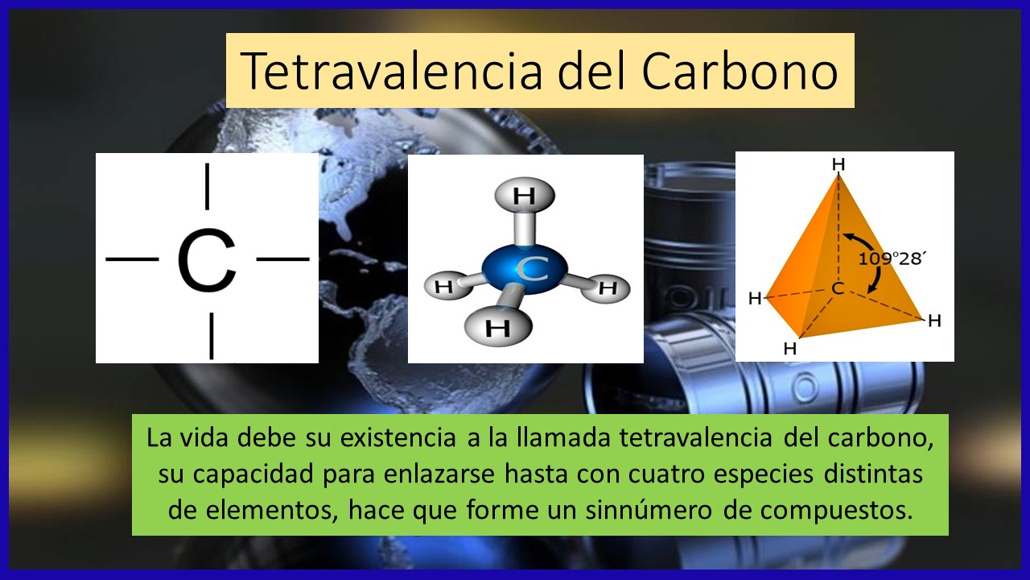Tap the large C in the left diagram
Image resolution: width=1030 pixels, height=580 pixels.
(x=207, y=261)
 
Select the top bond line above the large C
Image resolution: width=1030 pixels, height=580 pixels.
(x=208, y=185)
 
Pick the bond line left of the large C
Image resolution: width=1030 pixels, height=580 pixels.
(x=132, y=259)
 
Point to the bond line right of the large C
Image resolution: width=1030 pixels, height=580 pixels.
(x=282, y=259)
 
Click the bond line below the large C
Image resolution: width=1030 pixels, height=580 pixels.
(x=211, y=335)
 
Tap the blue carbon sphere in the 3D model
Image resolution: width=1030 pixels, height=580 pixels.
(x=525, y=270)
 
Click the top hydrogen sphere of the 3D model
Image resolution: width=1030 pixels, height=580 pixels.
(x=525, y=196)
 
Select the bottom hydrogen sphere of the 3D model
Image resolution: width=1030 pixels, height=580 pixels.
(x=498, y=327)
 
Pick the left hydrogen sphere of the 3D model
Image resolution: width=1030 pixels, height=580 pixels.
(x=444, y=286)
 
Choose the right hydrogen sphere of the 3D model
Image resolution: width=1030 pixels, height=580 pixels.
(x=608, y=288)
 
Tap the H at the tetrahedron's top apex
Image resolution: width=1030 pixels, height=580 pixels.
(x=838, y=164)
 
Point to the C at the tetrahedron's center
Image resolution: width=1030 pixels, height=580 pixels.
(x=838, y=288)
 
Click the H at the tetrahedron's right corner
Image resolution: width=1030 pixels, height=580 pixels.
(x=934, y=321)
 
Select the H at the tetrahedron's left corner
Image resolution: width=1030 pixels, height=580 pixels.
(x=755, y=299)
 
